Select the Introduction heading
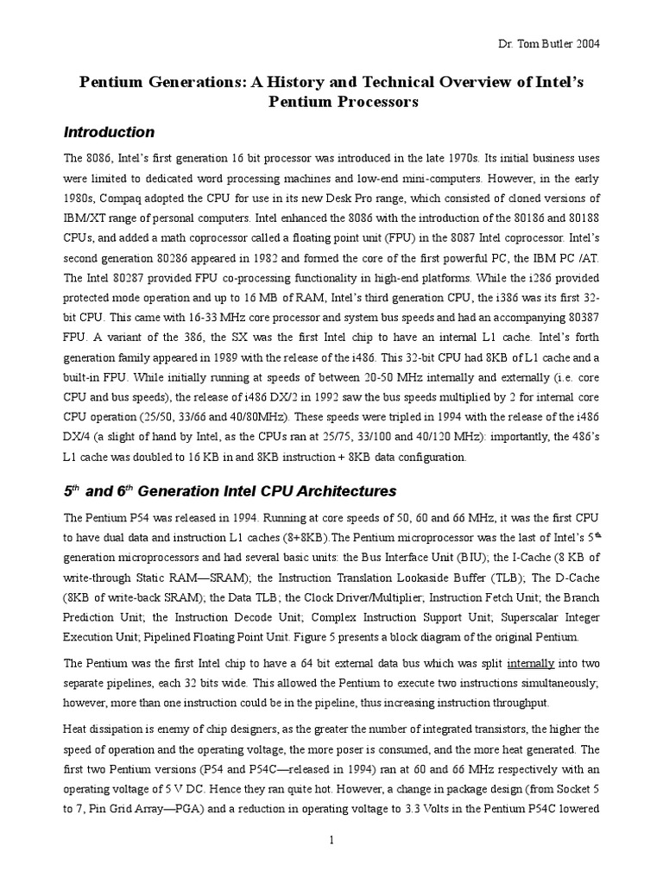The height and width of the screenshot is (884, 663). point(110,132)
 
